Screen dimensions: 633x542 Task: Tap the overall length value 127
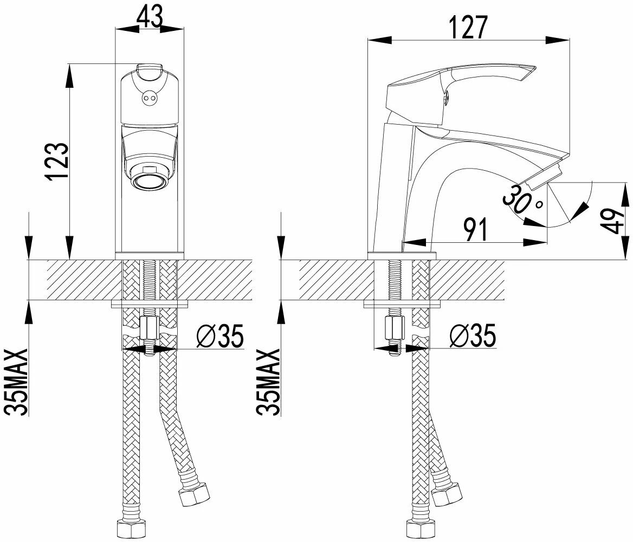tap(468, 28)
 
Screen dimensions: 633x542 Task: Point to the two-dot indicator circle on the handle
tap(148, 98)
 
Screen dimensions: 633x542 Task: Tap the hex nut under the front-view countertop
tap(148, 327)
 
